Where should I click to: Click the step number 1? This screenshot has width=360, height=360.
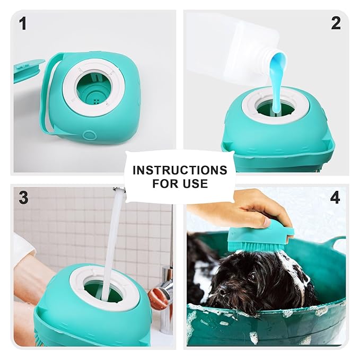22,23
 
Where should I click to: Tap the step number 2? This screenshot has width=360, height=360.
335,23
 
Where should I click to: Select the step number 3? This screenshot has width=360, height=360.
23,198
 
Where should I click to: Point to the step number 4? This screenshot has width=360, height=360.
335,198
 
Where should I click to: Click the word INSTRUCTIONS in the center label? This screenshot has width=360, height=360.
180,170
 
